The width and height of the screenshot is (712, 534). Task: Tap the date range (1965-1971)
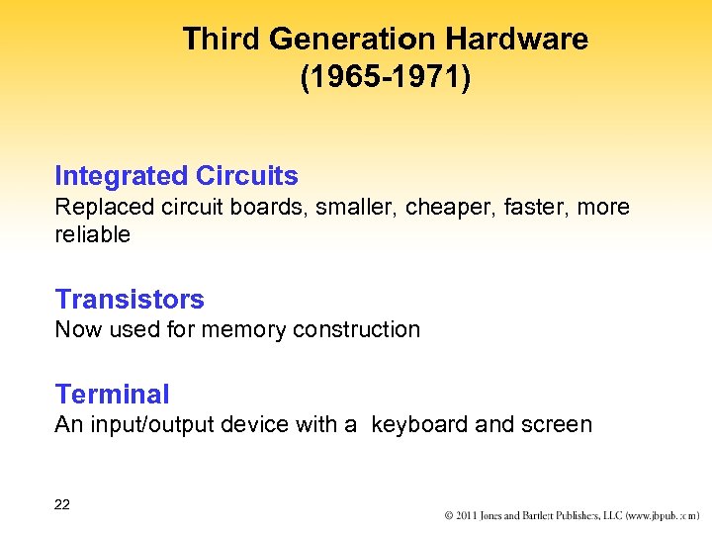pyautogui.click(x=386, y=78)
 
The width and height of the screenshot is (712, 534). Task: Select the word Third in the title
pyautogui.click(x=222, y=40)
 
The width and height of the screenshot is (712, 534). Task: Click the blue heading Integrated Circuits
pyautogui.click(x=176, y=176)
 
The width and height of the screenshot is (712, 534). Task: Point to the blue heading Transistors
pyautogui.click(x=130, y=299)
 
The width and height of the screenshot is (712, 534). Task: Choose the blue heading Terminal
pyautogui.click(x=112, y=394)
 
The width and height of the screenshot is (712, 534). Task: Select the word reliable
pyautogui.click(x=92, y=234)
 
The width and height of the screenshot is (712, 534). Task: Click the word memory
pyautogui.click(x=240, y=329)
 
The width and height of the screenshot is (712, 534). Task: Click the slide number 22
pyautogui.click(x=62, y=504)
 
